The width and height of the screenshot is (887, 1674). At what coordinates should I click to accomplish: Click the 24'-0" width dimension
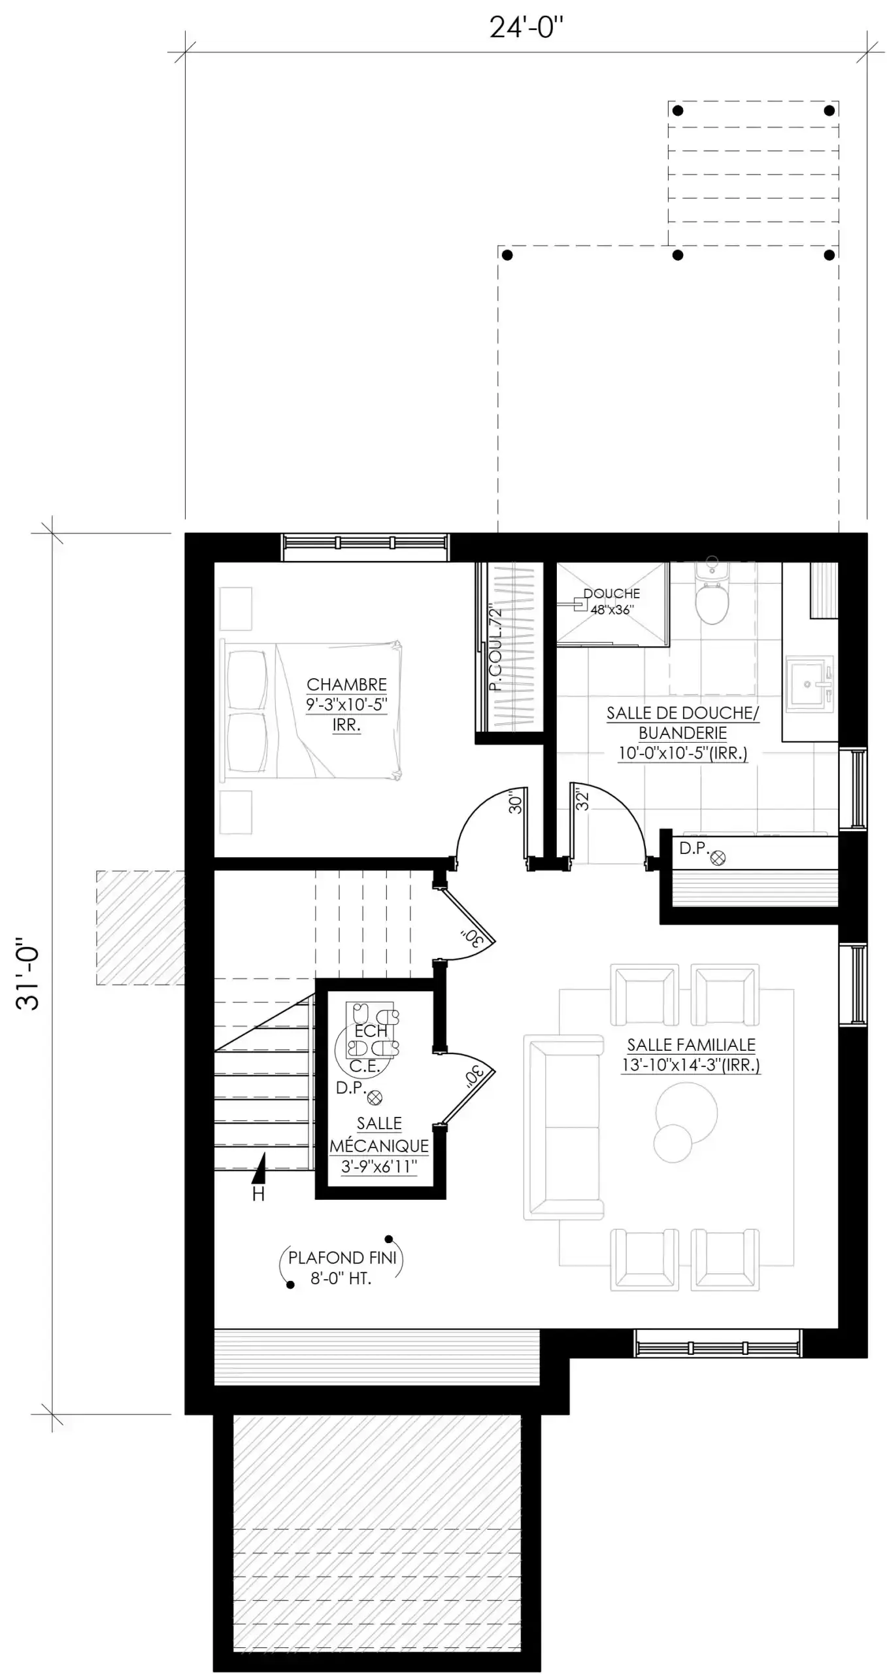(x=526, y=28)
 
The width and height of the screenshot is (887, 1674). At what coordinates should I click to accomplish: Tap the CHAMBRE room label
(x=346, y=685)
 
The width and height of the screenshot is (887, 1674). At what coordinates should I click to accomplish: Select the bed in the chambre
(x=311, y=711)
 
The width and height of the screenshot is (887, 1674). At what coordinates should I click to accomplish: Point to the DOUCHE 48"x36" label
(x=612, y=602)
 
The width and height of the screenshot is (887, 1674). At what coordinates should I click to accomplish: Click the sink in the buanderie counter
(x=810, y=683)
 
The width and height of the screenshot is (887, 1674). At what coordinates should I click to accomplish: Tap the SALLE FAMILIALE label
(x=691, y=1045)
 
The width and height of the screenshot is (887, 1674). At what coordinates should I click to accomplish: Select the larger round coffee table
(x=686, y=1112)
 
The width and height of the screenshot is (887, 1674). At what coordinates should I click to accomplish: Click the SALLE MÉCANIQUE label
(x=379, y=1135)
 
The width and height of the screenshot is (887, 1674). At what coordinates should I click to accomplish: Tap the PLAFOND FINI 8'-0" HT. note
(x=343, y=1268)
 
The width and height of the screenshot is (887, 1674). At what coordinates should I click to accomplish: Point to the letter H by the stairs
(x=258, y=1194)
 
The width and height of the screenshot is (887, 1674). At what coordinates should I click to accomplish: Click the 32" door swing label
(x=582, y=800)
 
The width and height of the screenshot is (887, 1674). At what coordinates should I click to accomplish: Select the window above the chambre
(x=365, y=547)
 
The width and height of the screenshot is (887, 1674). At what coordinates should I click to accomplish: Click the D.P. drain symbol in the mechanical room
(x=375, y=1098)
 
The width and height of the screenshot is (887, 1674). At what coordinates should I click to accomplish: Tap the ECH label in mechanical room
(x=371, y=1031)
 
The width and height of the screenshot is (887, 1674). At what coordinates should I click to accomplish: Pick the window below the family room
(x=718, y=1343)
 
